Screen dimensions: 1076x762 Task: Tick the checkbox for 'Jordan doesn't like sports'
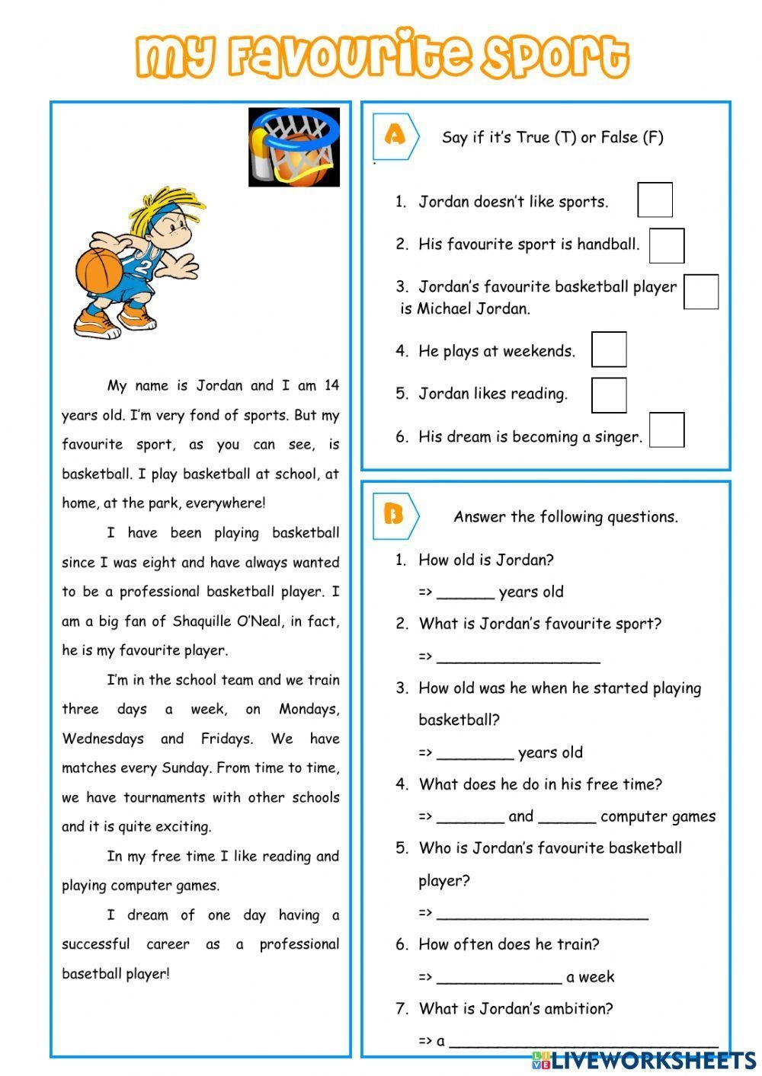pos(655,200)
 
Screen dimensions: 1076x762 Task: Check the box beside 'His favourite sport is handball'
pos(666,245)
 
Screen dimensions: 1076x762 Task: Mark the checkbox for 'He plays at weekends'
pos(609,350)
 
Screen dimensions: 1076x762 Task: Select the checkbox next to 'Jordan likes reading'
pos(609,395)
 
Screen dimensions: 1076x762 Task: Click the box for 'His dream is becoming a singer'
pos(666,430)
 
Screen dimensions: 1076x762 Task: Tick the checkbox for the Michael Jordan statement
pos(700,292)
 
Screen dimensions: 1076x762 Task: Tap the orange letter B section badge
pos(394,516)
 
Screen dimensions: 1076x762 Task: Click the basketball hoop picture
pos(294,147)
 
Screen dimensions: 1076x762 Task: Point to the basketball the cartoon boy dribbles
pos(98,270)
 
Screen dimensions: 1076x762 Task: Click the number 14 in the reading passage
pos(331,385)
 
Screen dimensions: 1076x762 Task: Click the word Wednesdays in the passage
pos(103,739)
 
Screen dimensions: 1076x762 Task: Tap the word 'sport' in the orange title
pos(555,56)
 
